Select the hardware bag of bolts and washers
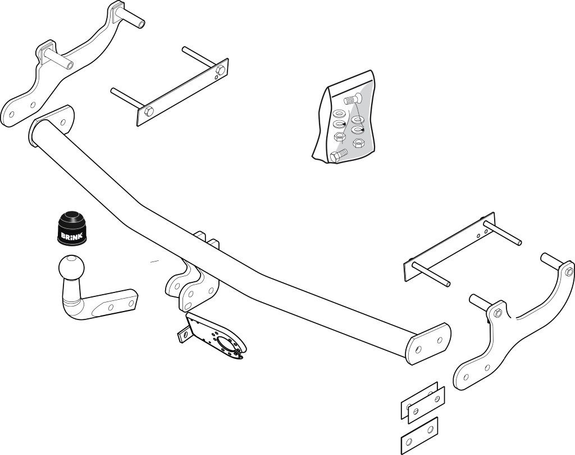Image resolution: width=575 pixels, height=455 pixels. [x=345, y=117]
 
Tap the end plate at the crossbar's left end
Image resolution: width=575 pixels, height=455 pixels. [x=51, y=126]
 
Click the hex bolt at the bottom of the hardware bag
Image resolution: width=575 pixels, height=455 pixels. [x=339, y=155]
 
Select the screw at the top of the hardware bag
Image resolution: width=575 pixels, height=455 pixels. [x=352, y=99]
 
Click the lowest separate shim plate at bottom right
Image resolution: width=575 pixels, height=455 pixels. [x=419, y=436]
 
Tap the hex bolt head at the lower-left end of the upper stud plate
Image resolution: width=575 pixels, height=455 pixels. [x=148, y=111]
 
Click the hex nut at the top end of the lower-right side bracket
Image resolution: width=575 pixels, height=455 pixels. [x=569, y=272]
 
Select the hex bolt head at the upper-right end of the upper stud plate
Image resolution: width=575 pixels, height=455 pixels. [x=221, y=70]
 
